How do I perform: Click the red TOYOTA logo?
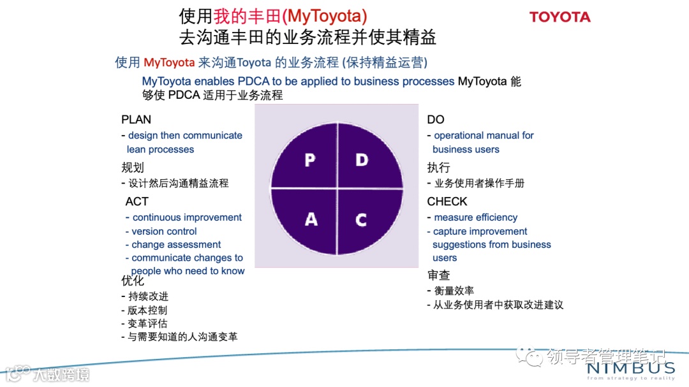click(x=559, y=17)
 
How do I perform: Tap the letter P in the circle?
click(x=310, y=159)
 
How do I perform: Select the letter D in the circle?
click(x=362, y=159)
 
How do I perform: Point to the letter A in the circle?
click(x=311, y=219)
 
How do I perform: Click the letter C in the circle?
click(x=361, y=220)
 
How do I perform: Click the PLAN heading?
click(x=136, y=120)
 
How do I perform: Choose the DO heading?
click(x=436, y=120)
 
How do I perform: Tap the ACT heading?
click(x=137, y=201)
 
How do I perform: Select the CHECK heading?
click(x=447, y=201)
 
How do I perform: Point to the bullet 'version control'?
click(x=164, y=231)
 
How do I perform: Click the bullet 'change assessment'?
click(x=176, y=245)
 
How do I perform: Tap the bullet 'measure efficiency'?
click(x=475, y=217)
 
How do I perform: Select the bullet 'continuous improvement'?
click(x=187, y=217)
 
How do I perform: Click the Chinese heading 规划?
click(x=133, y=168)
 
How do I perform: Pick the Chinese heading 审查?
click(x=439, y=275)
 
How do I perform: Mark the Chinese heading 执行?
click(x=439, y=168)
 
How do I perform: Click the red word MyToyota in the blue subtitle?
click(x=169, y=62)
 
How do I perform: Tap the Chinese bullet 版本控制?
click(x=147, y=310)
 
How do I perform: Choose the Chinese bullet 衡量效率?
click(x=454, y=291)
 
